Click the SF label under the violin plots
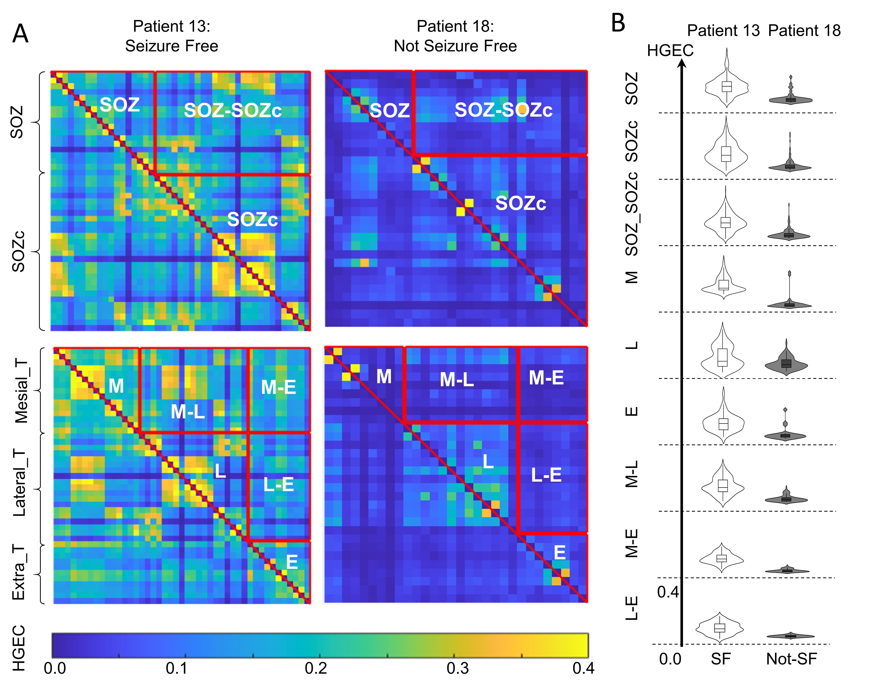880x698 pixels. pos(720,658)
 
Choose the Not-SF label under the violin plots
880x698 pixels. pos(791,658)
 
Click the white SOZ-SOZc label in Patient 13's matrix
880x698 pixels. pos(233,110)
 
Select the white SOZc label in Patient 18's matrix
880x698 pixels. pos(520,203)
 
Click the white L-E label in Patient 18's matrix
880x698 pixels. pos(546,475)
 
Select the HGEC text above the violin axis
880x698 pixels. pos(670,51)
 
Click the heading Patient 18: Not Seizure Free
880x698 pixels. pos(455,36)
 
